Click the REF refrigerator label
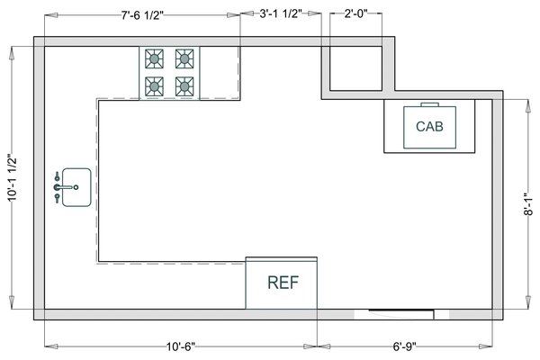click(x=283, y=282)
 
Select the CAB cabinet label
click(x=429, y=127)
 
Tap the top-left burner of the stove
click(x=155, y=59)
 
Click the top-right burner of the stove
click(x=184, y=59)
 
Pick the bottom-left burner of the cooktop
click(x=155, y=86)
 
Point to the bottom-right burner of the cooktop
click(x=184, y=86)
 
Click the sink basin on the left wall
click(x=76, y=187)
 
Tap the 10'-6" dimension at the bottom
click(x=181, y=346)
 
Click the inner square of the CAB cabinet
click(x=429, y=127)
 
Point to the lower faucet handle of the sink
click(x=58, y=197)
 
